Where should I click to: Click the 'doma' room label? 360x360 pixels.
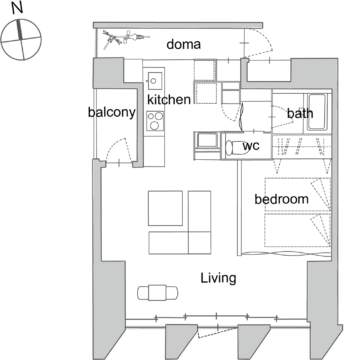tap(183, 44)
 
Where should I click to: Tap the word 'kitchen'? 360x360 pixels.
tap(169, 99)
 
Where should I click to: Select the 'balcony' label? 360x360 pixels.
tap(112, 113)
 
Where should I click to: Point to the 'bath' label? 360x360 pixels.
tap(300, 113)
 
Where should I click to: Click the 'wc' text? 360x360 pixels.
tap(251, 146)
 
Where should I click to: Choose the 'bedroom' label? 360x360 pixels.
tap(281, 199)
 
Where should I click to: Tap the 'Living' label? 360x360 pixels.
tap(218, 278)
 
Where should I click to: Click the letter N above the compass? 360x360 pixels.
tap(17, 9)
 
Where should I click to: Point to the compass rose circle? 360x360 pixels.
tap(21, 20)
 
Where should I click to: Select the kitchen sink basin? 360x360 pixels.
tap(155, 80)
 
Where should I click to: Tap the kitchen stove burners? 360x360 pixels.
tap(155, 121)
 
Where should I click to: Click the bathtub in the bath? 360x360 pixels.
tap(316, 112)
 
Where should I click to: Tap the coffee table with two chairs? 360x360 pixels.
tap(158, 292)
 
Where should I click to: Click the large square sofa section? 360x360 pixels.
tap(165, 208)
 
